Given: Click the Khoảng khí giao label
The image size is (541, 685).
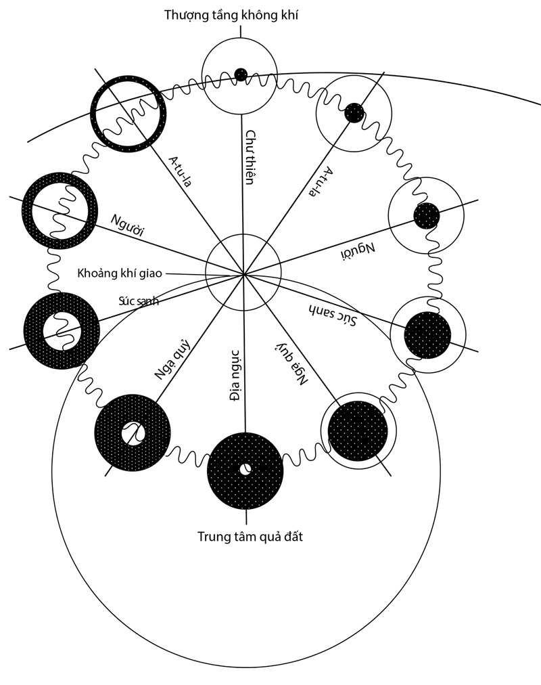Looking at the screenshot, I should click(120, 273).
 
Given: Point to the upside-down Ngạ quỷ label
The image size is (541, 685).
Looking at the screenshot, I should click(292, 363).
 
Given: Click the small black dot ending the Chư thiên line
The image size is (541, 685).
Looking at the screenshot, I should click(240, 73).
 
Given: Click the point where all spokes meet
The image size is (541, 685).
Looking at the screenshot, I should click(243, 274).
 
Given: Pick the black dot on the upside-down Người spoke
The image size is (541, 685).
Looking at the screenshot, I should click(427, 216).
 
